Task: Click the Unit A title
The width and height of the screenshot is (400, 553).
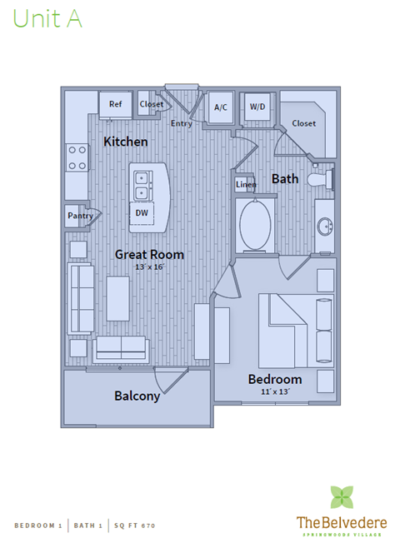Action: pyautogui.click(x=47, y=20)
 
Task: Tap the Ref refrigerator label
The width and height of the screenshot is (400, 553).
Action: pyautogui.click(x=115, y=104)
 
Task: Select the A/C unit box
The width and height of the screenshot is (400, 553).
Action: pyautogui.click(x=221, y=107)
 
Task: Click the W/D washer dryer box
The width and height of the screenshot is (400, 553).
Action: pyautogui.click(x=257, y=107)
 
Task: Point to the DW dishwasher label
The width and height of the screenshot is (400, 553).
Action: pyautogui.click(x=142, y=213)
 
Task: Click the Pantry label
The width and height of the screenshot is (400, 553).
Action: pyautogui.click(x=80, y=217)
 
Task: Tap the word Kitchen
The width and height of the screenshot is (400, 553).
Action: pyautogui.click(x=126, y=142)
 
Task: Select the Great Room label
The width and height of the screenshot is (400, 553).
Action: pyautogui.click(x=149, y=254)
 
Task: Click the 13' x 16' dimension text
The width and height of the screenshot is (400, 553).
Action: pyautogui.click(x=150, y=267)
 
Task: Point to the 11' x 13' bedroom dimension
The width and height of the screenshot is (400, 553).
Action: pyautogui.click(x=275, y=391)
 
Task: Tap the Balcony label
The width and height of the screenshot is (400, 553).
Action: pyautogui.click(x=137, y=396)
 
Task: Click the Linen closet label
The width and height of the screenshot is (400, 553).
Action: pyautogui.click(x=246, y=184)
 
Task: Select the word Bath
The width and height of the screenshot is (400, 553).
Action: pyautogui.click(x=285, y=178)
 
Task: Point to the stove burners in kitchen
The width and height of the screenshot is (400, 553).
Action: pyautogui.click(x=77, y=157)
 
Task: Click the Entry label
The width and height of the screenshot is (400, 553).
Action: pyautogui.click(x=181, y=123)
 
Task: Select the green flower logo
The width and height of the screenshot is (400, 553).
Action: pyautogui.click(x=342, y=497)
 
